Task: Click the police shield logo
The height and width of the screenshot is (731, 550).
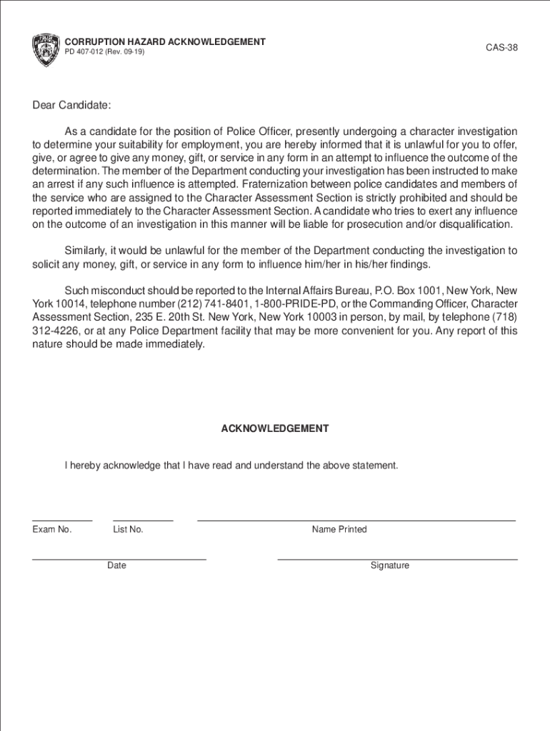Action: coord(45,49)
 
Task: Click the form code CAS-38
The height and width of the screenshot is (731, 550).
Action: coord(501,48)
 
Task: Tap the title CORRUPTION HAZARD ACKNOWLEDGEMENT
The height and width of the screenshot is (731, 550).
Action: coord(165,42)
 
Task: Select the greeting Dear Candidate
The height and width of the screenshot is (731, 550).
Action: coord(71,106)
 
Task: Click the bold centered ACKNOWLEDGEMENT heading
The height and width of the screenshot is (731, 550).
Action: coord(275,429)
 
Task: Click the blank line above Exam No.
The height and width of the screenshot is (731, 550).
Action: coord(62,520)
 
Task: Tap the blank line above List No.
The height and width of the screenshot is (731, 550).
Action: coord(143,520)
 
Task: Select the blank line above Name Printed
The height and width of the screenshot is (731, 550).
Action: coord(356,520)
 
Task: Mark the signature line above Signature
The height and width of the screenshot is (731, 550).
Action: coord(397,558)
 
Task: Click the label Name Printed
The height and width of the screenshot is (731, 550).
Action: coord(339,530)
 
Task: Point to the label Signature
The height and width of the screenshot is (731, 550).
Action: coord(390,566)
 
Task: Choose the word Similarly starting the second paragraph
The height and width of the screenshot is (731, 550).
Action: coord(85,251)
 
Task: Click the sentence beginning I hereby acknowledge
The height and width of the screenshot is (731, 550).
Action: coord(231,465)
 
